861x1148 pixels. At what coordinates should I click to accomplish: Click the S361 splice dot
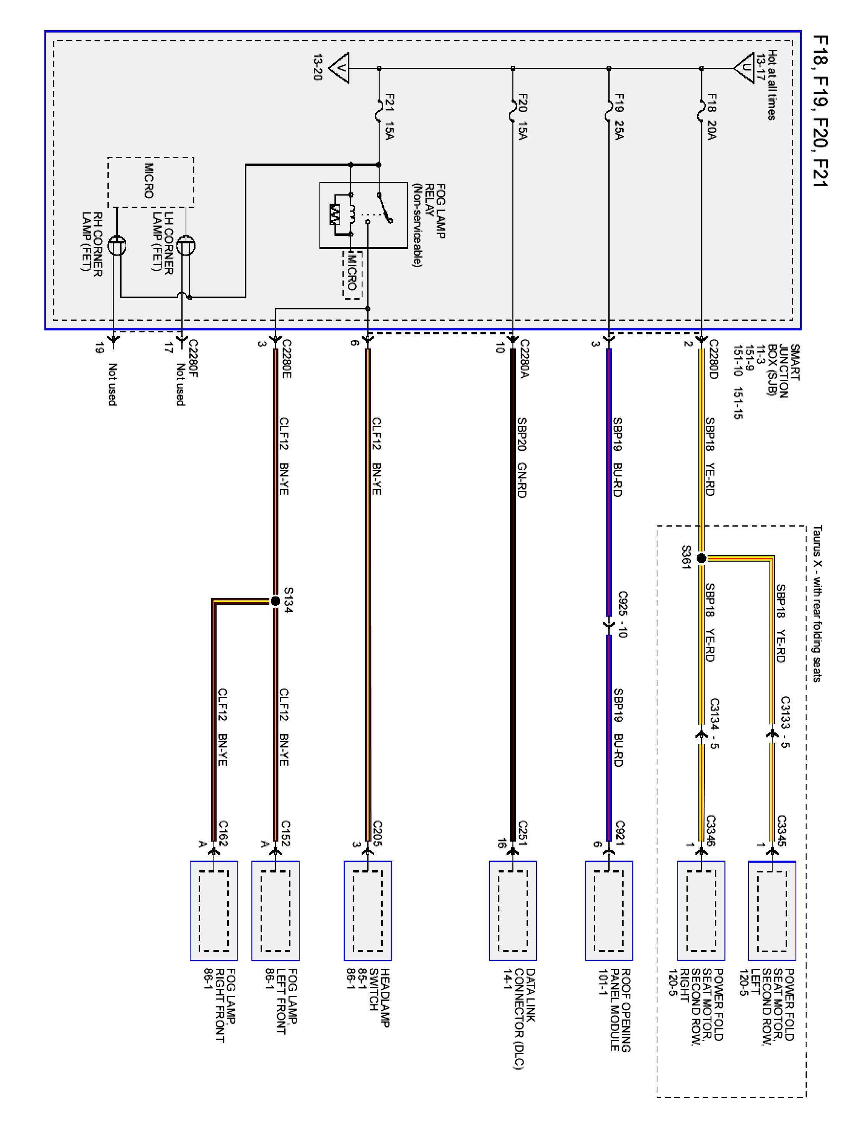(701, 558)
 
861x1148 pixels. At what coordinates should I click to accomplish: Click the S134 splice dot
(275, 602)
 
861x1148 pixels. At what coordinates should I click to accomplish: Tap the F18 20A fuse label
(711, 117)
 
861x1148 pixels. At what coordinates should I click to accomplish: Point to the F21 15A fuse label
(389, 117)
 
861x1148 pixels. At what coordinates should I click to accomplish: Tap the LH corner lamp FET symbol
(186, 246)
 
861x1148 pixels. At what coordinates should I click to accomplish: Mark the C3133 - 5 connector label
(785, 721)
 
